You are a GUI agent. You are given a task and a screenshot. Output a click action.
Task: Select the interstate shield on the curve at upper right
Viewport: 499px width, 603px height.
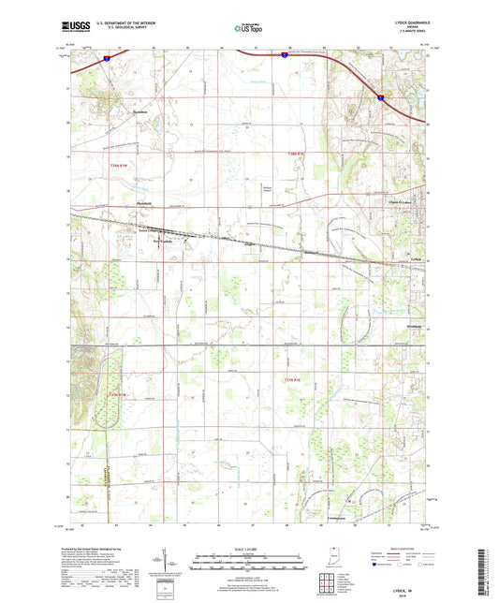click(380, 95)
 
